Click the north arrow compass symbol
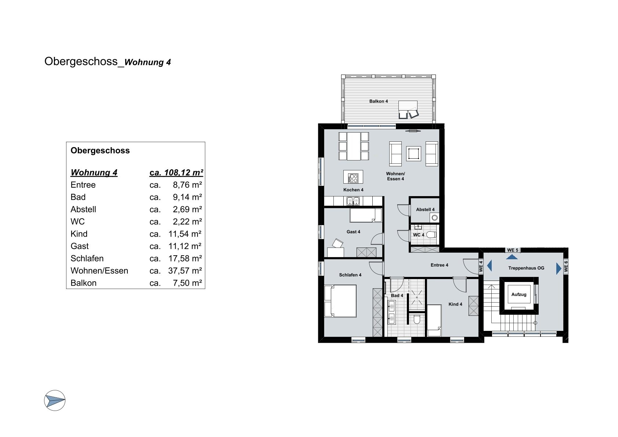(55, 400)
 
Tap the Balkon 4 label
(379, 101)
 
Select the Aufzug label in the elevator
(519, 295)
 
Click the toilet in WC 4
(431, 235)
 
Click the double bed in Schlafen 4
(340, 301)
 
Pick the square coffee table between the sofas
(413, 154)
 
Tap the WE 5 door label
(513, 250)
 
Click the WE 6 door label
(566, 266)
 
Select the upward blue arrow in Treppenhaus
(512, 257)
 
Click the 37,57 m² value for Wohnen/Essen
(185, 271)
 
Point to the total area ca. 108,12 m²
(176, 173)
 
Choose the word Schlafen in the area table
(87, 259)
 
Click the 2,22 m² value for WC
(187, 221)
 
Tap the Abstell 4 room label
(425, 210)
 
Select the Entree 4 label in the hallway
(439, 265)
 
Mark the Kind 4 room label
(455, 304)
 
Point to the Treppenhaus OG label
(526, 268)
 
